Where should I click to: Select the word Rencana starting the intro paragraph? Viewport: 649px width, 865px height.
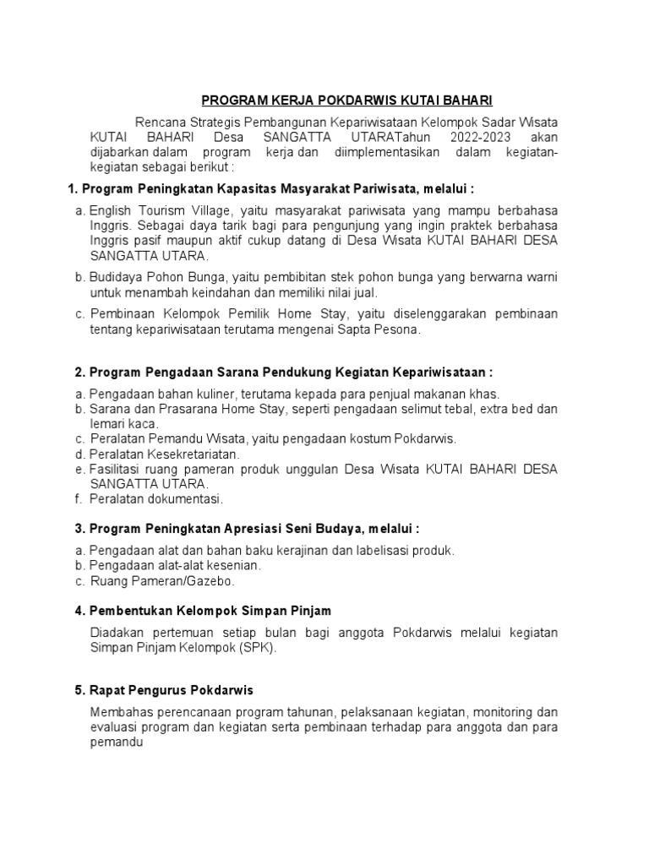pyautogui.click(x=160, y=122)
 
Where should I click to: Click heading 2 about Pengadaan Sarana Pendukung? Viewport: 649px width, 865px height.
pyautogui.click(x=283, y=372)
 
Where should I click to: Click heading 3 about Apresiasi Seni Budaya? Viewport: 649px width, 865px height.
pyautogui.click(x=247, y=529)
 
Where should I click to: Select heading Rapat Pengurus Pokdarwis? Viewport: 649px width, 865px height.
pyautogui.click(x=164, y=690)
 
